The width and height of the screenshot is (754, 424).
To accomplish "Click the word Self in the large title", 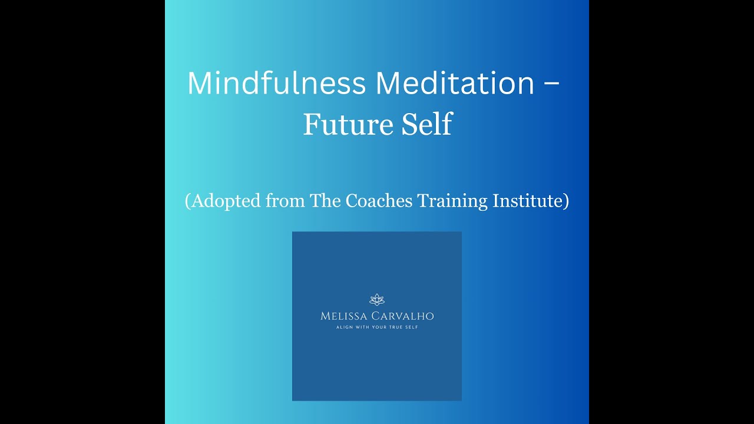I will coord(423,124).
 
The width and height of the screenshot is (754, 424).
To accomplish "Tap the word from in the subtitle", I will coord(285,201).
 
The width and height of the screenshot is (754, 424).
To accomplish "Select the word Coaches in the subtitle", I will coord(379,201).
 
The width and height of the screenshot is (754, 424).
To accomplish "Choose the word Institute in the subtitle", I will coord(528,201).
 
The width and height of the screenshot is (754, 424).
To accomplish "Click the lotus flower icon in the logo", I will coord(377,300).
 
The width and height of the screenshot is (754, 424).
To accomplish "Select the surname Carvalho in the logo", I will coord(406,316).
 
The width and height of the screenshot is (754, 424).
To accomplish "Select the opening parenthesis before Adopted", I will coord(188,201).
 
